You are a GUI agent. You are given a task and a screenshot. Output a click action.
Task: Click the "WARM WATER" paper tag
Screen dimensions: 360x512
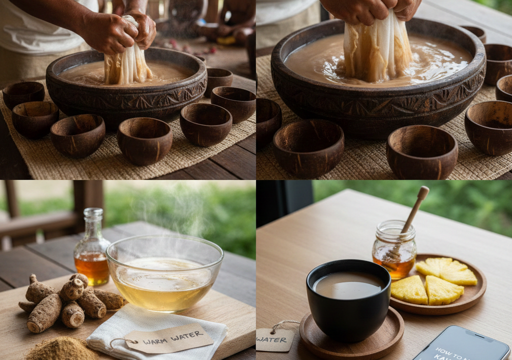coord(168,338)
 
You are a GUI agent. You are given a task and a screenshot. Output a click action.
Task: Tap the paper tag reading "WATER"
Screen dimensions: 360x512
coord(274,339)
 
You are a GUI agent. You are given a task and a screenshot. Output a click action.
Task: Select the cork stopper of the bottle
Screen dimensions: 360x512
coord(93,212)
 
